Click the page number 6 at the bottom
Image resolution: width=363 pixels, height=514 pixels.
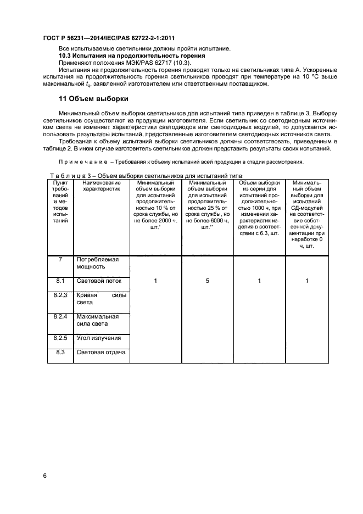(44, 476)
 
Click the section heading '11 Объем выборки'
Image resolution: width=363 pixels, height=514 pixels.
(93, 99)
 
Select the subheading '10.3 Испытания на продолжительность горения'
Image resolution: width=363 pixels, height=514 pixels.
(132, 56)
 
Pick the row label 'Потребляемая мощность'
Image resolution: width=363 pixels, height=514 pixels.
(98, 262)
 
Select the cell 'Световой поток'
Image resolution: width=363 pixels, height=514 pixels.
(99, 281)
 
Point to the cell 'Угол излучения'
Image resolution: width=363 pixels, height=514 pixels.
(99, 338)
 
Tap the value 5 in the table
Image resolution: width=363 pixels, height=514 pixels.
(208, 281)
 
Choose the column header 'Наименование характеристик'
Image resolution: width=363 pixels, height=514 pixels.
(101, 186)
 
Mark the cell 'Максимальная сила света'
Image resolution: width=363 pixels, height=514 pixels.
(98, 320)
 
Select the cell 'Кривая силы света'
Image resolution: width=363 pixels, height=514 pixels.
(101, 299)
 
